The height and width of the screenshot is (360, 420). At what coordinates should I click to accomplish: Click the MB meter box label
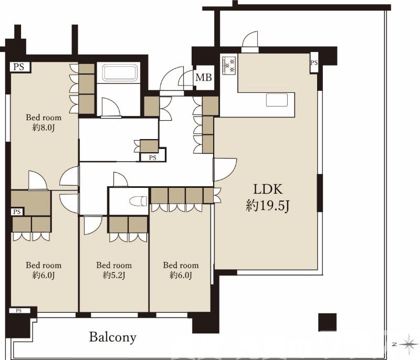point(204,78)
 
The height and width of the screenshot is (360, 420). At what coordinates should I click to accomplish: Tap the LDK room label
point(268,189)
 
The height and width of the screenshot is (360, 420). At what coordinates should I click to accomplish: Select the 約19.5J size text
point(268,206)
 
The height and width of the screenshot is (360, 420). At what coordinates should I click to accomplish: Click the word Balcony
point(112,337)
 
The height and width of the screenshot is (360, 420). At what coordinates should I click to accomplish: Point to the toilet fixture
point(138,201)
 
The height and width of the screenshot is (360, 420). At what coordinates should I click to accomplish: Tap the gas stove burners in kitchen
point(229,65)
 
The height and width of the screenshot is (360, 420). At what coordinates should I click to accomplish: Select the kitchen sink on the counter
point(277,100)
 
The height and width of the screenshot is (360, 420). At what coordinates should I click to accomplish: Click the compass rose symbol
point(409,344)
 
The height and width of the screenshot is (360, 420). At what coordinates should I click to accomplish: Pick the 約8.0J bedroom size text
point(44,128)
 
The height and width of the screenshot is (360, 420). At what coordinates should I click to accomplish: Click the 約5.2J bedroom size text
point(114,275)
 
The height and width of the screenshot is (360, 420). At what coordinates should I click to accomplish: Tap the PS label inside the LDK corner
point(314,62)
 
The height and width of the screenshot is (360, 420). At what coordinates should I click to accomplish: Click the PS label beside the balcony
point(18,311)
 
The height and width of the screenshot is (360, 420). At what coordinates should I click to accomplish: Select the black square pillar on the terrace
point(327,322)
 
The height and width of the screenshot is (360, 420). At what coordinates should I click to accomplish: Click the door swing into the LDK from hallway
point(225,170)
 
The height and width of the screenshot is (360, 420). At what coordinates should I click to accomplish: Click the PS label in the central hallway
point(152,158)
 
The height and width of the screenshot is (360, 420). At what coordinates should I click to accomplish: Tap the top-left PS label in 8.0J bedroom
point(19,66)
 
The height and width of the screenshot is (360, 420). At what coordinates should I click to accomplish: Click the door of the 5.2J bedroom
point(93,226)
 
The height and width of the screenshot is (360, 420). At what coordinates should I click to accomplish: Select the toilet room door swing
point(121,179)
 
